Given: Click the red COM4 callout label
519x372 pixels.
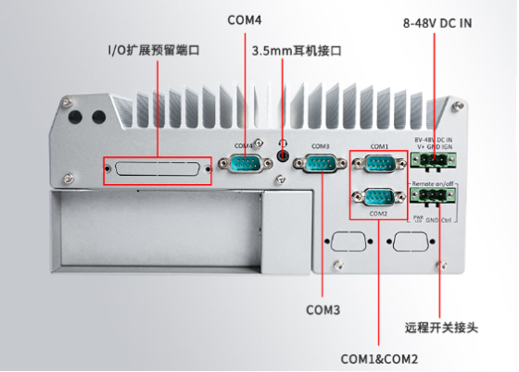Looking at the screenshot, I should (x=245, y=19).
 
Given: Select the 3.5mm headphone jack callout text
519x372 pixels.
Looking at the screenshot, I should (x=297, y=51).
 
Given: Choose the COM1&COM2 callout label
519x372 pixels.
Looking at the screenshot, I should (x=379, y=358).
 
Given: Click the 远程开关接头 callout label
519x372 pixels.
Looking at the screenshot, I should (x=441, y=327).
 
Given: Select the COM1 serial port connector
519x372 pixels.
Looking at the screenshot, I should (x=378, y=166).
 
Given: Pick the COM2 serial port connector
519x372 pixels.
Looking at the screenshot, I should (x=378, y=197).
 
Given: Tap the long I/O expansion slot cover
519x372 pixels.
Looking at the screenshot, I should (x=157, y=170).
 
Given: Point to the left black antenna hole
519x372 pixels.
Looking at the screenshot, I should (x=75, y=118).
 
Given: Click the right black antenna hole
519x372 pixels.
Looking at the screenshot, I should (x=97, y=118).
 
